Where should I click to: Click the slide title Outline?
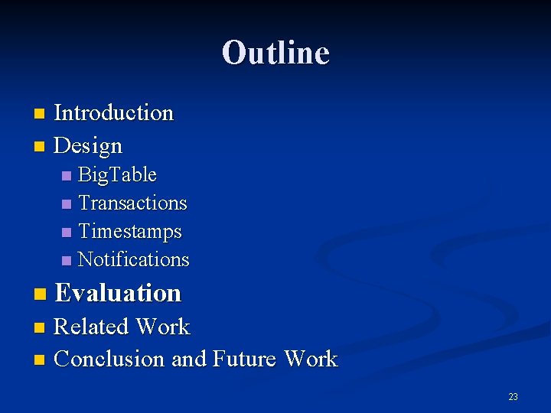point(275,53)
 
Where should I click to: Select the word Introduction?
point(114,113)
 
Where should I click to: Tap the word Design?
point(89,145)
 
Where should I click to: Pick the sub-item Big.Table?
point(117,175)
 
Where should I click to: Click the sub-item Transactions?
point(132,203)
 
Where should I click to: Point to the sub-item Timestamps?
point(130,231)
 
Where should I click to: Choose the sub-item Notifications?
point(133,260)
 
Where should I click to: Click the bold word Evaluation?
point(118,293)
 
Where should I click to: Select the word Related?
point(90,327)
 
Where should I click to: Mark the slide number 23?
point(513,397)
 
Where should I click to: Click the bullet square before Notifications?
point(67,261)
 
